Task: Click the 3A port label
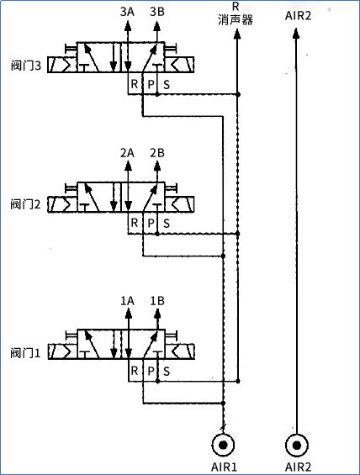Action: [127, 12]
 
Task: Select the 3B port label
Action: [157, 12]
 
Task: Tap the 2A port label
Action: [127, 153]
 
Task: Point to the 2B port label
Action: [157, 153]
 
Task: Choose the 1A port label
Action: [127, 301]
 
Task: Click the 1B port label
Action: [157, 301]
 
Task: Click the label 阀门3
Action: [26, 66]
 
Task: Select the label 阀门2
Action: [25, 204]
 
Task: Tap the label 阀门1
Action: [25, 353]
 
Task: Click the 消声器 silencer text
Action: [236, 20]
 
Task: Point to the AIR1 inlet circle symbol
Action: [224, 445]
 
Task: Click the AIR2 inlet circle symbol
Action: [297, 445]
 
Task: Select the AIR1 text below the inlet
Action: [224, 467]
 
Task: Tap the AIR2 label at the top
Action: [299, 15]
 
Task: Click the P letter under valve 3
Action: [151, 85]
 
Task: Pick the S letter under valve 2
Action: [167, 224]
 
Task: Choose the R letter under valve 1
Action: [135, 371]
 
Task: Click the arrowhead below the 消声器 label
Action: [237, 34]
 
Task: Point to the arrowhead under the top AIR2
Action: [297, 33]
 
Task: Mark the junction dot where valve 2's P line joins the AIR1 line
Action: [224, 256]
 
